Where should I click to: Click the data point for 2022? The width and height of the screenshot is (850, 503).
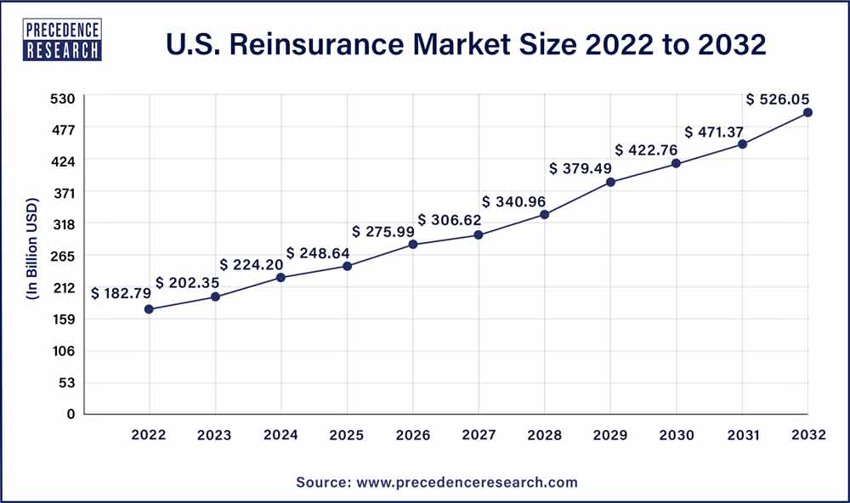149,309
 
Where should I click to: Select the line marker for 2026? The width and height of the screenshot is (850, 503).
413,245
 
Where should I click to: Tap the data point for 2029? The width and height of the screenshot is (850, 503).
610,182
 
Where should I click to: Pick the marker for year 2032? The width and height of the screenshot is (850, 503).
808,112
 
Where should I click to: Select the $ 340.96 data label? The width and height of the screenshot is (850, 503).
515,202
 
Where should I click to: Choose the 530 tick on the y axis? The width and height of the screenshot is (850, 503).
66,98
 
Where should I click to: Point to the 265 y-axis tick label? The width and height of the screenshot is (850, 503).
66,256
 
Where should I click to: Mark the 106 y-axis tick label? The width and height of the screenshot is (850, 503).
66,351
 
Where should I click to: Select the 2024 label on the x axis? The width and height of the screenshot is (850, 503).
281,435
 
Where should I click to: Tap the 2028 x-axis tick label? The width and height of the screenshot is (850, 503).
545,435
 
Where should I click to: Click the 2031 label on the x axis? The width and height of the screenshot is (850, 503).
742,435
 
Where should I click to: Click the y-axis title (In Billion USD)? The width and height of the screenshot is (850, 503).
32,256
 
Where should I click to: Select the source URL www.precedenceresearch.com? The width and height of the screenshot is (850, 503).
466,482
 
